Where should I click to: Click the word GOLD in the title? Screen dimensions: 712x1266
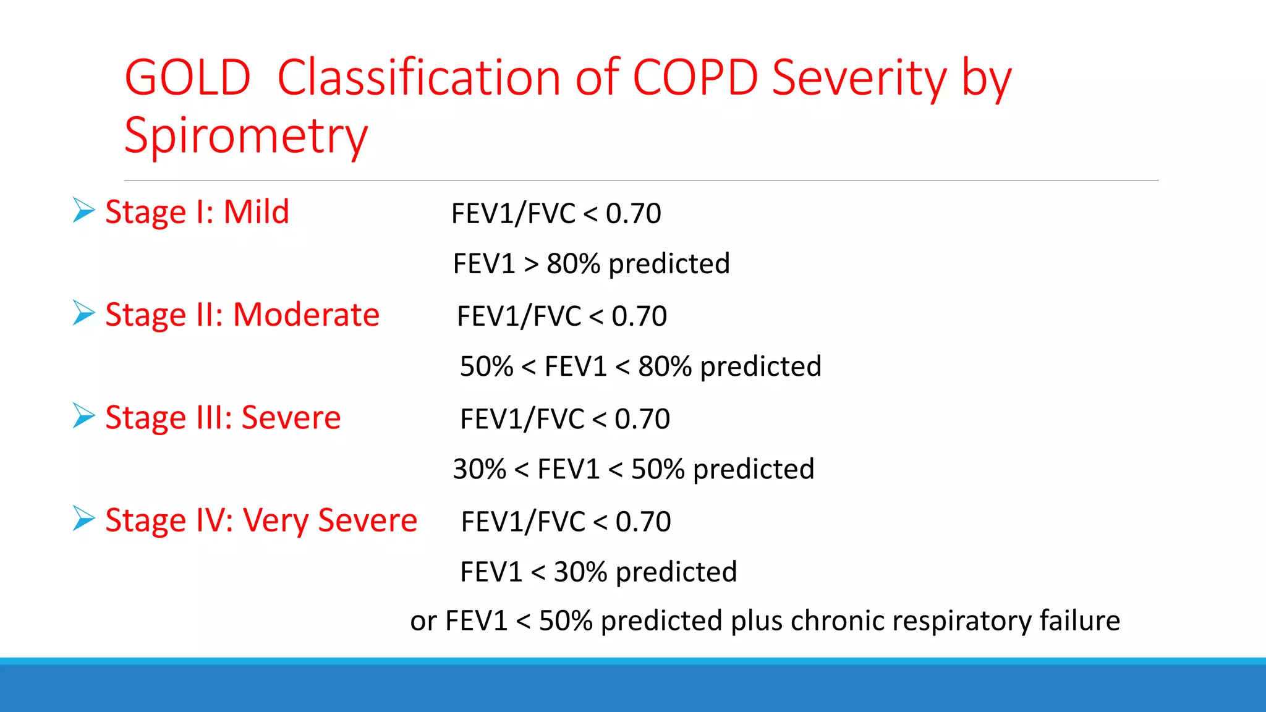(187, 78)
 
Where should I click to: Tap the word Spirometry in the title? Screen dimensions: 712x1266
(245, 136)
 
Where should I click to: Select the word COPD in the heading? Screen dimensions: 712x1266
(695, 78)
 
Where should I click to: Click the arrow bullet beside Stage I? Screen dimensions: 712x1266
(83, 210)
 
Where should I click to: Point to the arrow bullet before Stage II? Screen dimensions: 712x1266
(83, 313)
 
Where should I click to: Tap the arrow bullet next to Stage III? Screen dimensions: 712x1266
(83, 415)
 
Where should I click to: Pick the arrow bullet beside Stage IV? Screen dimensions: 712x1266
(83, 518)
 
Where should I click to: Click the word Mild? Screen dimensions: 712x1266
(256, 212)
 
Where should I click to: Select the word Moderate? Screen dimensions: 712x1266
(306, 315)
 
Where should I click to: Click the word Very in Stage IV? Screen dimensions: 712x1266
(275, 520)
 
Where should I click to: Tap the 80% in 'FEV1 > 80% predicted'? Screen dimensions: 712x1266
(573, 264)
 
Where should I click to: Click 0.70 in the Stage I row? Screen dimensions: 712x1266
(633, 214)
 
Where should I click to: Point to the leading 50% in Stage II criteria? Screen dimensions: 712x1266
(486, 367)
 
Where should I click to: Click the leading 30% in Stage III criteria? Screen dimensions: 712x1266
(479, 469)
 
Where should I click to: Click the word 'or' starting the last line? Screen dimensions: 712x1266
(423, 621)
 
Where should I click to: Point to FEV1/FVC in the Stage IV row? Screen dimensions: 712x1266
(523, 522)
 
